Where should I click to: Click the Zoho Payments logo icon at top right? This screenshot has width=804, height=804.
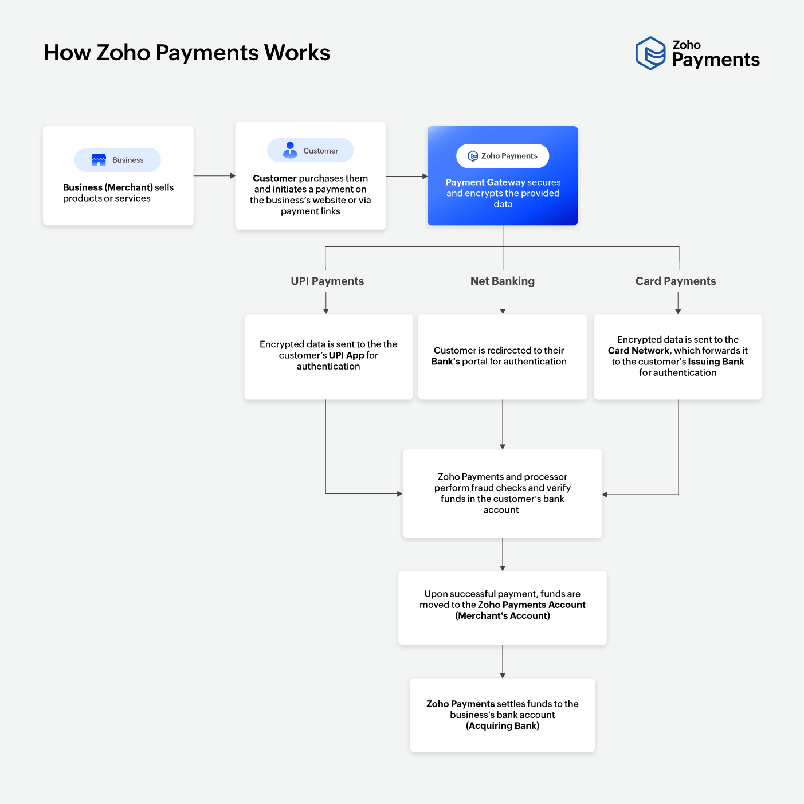point(650,53)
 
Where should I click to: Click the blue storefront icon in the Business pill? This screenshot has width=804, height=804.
point(99,160)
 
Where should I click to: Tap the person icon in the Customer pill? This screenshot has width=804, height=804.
point(290,150)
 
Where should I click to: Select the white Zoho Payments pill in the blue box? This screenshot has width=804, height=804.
point(503,156)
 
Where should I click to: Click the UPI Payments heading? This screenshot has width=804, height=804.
point(327,281)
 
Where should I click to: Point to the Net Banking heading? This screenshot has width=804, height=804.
point(503,281)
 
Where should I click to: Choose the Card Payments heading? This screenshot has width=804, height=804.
point(676,281)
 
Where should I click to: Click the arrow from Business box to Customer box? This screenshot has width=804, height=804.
point(214,176)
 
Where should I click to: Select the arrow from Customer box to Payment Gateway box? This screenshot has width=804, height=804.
point(406,177)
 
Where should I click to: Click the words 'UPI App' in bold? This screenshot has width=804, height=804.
point(346,355)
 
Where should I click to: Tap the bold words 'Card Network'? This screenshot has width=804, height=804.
point(638,351)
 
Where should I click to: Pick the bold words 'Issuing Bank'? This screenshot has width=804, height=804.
point(716,362)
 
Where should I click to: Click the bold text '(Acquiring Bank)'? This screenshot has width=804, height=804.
point(503,726)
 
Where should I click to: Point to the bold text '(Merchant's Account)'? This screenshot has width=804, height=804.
point(503,616)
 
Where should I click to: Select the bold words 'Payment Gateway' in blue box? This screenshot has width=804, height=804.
point(485,182)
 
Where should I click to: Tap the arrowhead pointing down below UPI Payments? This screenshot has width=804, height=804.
point(326,311)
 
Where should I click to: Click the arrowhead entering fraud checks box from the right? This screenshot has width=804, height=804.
point(605,494)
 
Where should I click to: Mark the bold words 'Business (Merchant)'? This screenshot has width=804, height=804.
point(108,187)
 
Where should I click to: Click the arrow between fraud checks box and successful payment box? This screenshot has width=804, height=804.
point(503,554)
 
